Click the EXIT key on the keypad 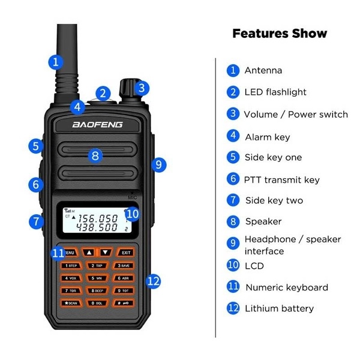tap(125, 253)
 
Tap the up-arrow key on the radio tap(89, 253)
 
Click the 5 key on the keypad tap(97, 278)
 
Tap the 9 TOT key tap(124, 290)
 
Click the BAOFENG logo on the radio tap(97, 124)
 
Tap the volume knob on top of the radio tap(127, 88)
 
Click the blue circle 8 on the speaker tap(95, 156)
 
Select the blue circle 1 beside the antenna tap(55, 61)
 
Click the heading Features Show tap(280, 34)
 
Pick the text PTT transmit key tap(281, 179)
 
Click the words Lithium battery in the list tap(279, 308)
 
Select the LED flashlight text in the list tap(275, 92)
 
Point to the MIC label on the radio tap(133, 197)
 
